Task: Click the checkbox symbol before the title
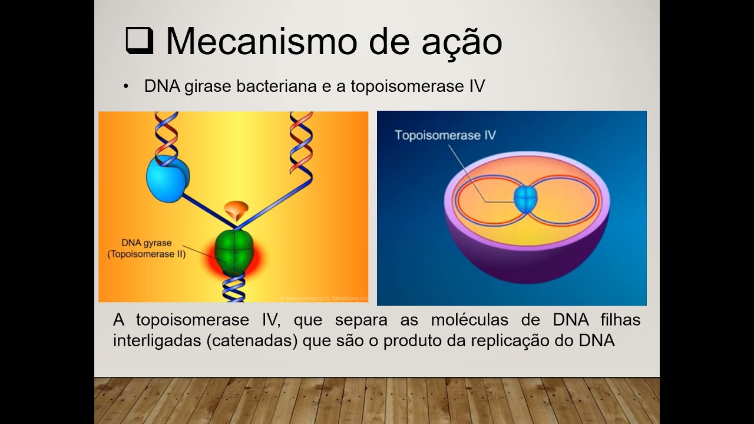pos(140,42)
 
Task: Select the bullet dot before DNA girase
pos(125,87)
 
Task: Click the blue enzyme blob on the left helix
pos(167,178)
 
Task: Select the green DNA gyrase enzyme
pos(234,253)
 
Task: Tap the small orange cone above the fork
pos(236,209)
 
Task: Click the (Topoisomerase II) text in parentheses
pos(146,254)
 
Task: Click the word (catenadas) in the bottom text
pos(252,341)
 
